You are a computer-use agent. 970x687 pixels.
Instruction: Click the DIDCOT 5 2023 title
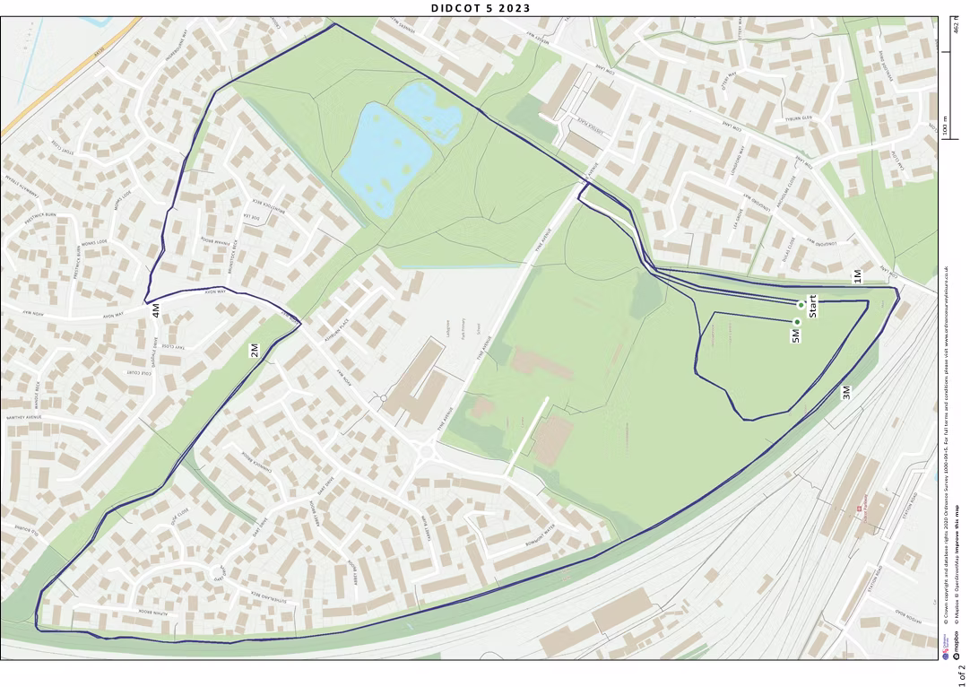(481, 8)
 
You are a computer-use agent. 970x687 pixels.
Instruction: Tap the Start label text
(813, 306)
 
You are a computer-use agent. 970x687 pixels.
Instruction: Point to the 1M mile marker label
(857, 276)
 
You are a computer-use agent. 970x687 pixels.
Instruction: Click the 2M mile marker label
(255, 351)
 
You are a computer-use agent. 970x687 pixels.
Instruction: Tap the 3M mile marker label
(845, 392)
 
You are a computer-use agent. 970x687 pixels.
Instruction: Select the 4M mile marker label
(156, 311)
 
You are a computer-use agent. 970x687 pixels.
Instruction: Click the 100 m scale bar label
(946, 126)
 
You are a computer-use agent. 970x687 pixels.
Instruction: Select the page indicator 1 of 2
(960, 671)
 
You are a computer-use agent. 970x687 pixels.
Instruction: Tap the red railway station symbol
(859, 508)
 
